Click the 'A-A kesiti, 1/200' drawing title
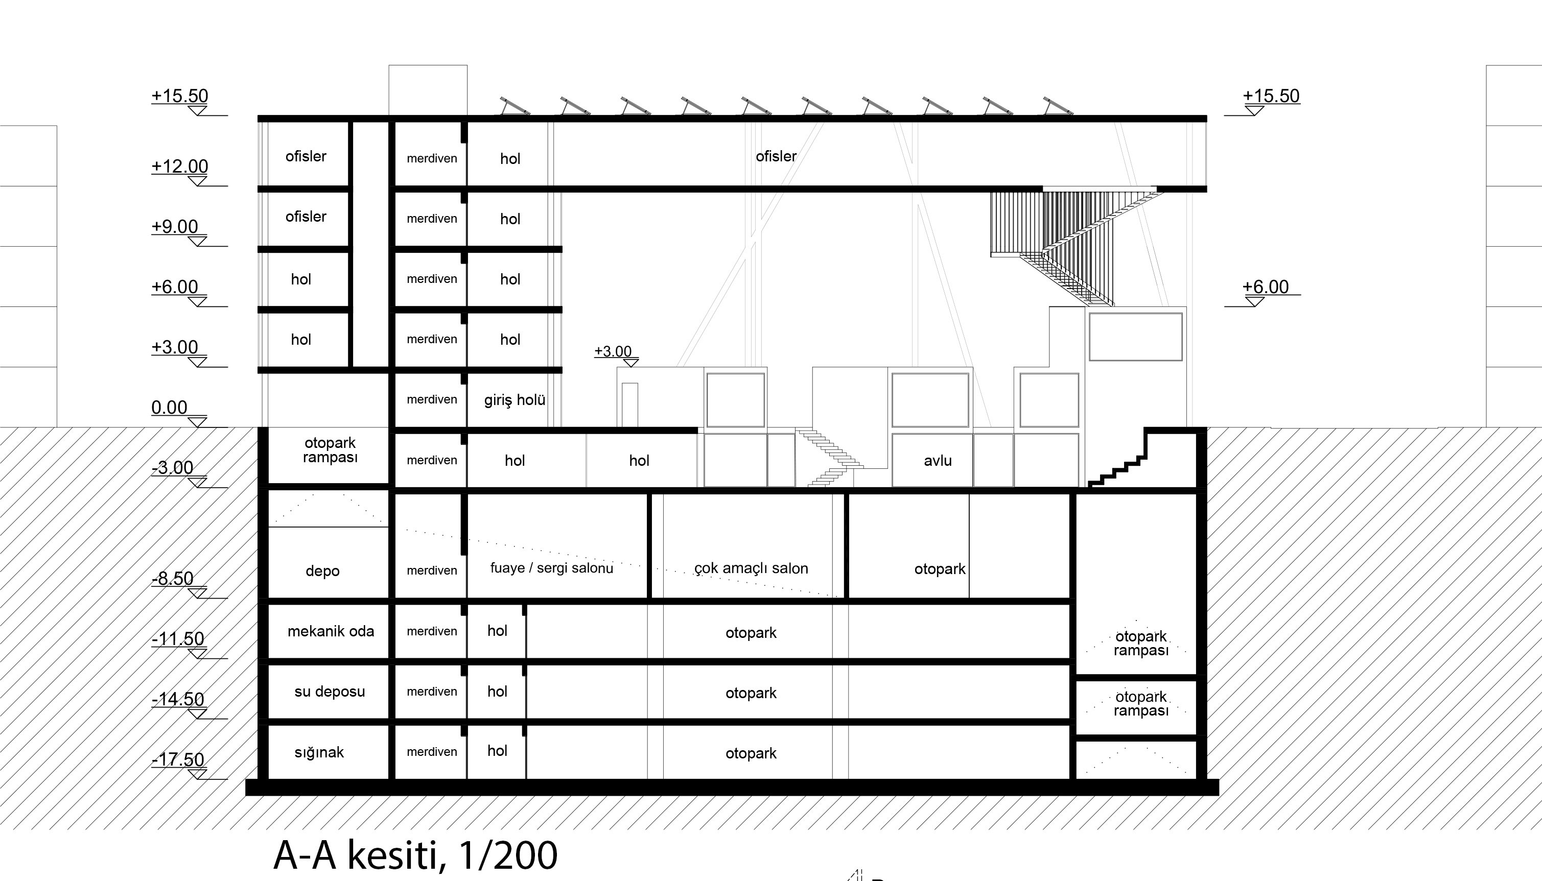[x=415, y=855]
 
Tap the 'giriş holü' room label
[x=515, y=400]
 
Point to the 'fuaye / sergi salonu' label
[x=551, y=568]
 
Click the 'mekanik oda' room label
[x=331, y=631]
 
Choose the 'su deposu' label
[x=329, y=692]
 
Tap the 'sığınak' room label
[x=319, y=753]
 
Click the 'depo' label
[x=322, y=571]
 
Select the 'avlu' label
[x=938, y=461]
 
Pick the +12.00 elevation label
[x=180, y=166]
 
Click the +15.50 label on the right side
[x=1271, y=96]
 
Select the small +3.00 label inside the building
[x=613, y=351]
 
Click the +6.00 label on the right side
[x=1266, y=287]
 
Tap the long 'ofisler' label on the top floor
[x=776, y=156]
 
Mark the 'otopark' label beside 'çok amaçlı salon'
[x=940, y=569]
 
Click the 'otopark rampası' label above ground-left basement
[x=330, y=450]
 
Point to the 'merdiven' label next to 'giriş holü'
[x=432, y=399]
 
